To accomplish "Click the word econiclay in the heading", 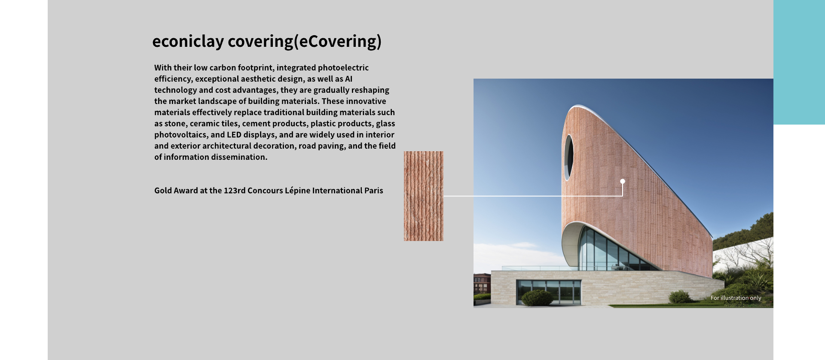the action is pyautogui.click(x=188, y=42).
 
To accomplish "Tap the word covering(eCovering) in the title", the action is pyautogui.click(x=305, y=42).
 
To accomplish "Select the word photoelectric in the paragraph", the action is pyautogui.click(x=343, y=68).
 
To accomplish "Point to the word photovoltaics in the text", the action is pyautogui.click(x=180, y=135).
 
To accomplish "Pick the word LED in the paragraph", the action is pyautogui.click(x=234, y=135).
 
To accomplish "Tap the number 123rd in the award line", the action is pyautogui.click(x=235, y=191).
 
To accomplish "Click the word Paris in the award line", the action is pyautogui.click(x=374, y=191).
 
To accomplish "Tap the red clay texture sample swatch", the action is pyautogui.click(x=423, y=196).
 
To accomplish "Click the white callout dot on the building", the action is pyautogui.click(x=623, y=181).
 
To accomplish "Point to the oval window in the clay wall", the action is pyautogui.click(x=569, y=157).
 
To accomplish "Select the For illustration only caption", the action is pyautogui.click(x=736, y=298).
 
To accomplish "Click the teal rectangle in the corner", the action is pyautogui.click(x=799, y=62).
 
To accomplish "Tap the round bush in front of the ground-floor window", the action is pyautogui.click(x=537, y=298).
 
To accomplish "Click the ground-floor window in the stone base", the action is pyautogui.click(x=549, y=292).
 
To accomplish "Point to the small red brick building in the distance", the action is pyautogui.click(x=482, y=284).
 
